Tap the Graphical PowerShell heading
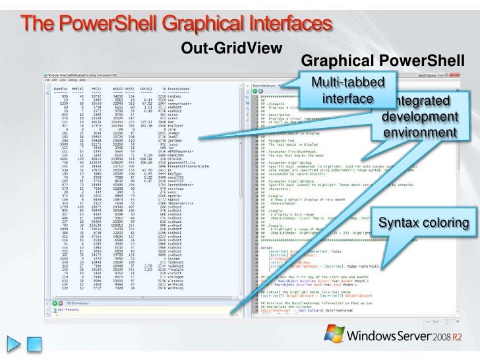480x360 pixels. (382, 63)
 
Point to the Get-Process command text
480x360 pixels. (69, 308)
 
